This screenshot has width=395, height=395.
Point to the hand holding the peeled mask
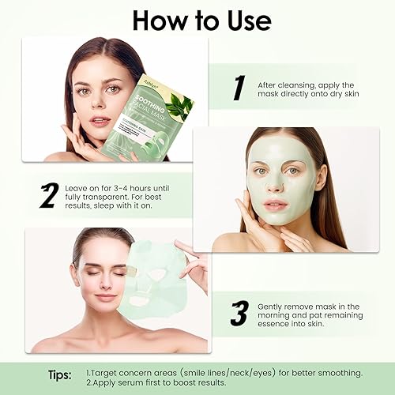[x=194, y=265]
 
